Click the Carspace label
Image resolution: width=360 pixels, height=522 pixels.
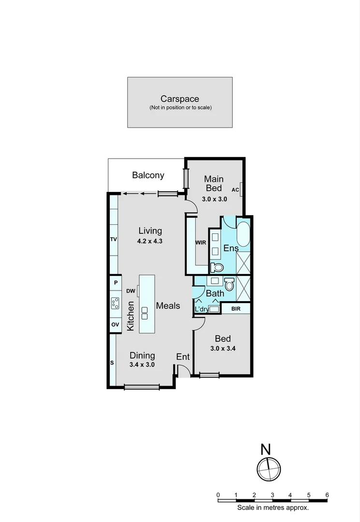click(180, 99)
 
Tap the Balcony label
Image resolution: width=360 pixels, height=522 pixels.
click(148, 175)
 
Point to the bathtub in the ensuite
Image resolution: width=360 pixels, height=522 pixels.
click(243, 234)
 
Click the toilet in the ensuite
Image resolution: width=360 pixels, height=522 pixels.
click(217, 267)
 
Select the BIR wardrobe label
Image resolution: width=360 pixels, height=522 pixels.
click(236, 308)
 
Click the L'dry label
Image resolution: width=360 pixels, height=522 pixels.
click(202, 310)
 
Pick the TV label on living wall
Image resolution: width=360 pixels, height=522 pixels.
click(114, 240)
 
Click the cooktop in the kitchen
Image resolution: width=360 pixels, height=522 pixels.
click(115, 303)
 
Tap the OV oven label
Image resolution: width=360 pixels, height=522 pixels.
click(115, 324)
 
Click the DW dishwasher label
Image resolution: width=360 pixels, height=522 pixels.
click(130, 291)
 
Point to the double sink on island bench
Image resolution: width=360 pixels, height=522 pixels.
click(144, 313)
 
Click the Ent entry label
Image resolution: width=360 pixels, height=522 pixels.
click(183, 357)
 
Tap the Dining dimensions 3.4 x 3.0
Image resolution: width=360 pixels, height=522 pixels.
click(142, 365)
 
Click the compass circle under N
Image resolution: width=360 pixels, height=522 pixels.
click(268, 469)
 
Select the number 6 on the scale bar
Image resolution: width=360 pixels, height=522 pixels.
click(327, 494)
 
